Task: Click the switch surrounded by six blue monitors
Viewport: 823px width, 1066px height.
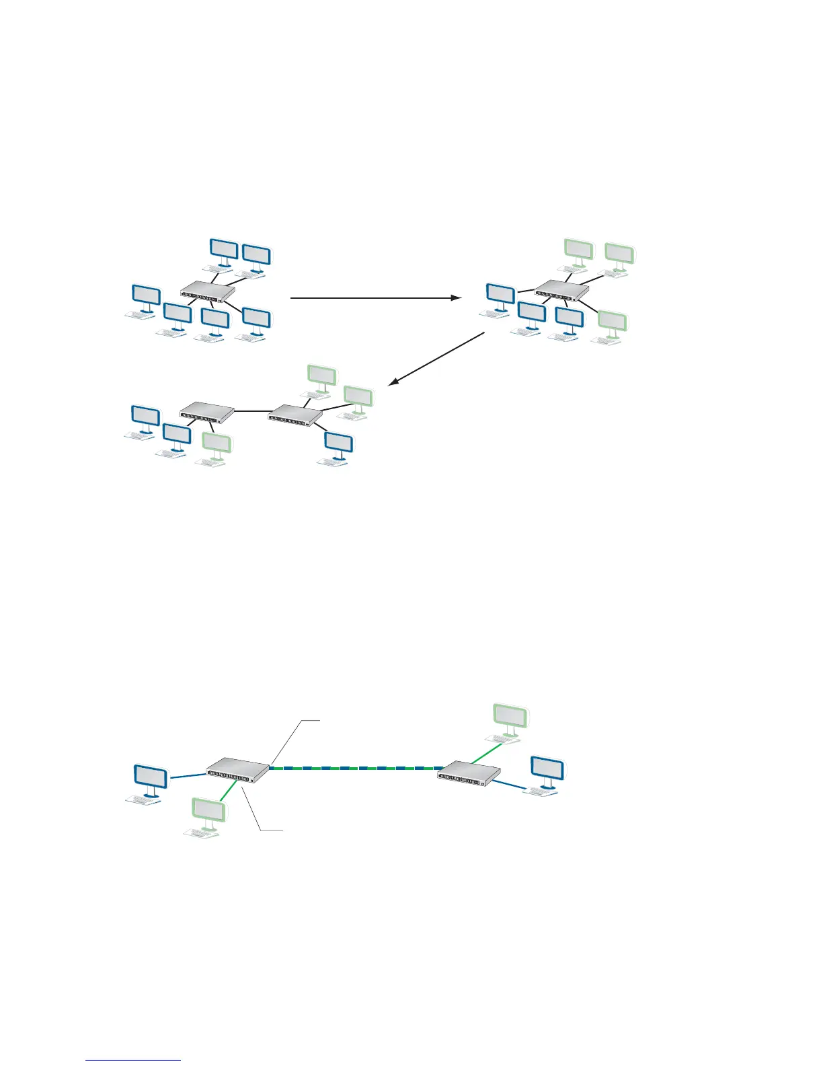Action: pyautogui.click(x=208, y=291)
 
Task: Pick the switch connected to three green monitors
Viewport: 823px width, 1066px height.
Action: pyautogui.click(x=561, y=290)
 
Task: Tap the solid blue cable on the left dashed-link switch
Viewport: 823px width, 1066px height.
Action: pyautogui.click(x=187, y=777)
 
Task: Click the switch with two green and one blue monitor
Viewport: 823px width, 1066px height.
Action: pyautogui.click(x=295, y=414)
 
